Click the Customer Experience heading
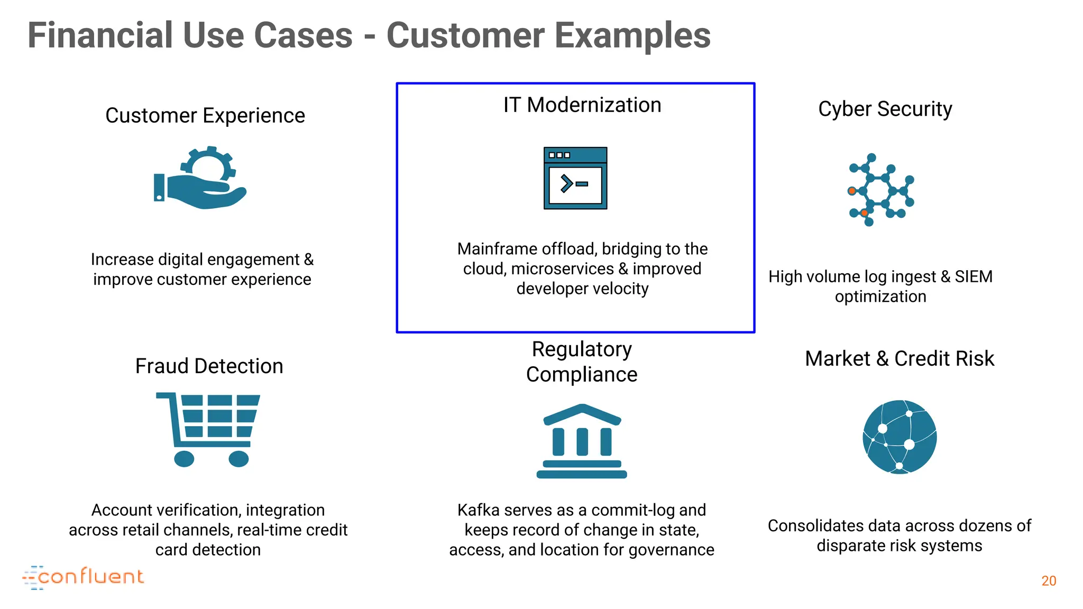205,115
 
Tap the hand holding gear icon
201,179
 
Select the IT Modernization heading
582,105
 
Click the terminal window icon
575,178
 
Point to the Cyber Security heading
885,109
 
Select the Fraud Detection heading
209,366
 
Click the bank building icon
582,441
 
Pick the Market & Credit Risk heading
899,358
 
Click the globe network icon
900,437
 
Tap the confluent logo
84,577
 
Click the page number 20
1049,581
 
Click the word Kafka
478,510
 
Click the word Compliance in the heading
582,375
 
